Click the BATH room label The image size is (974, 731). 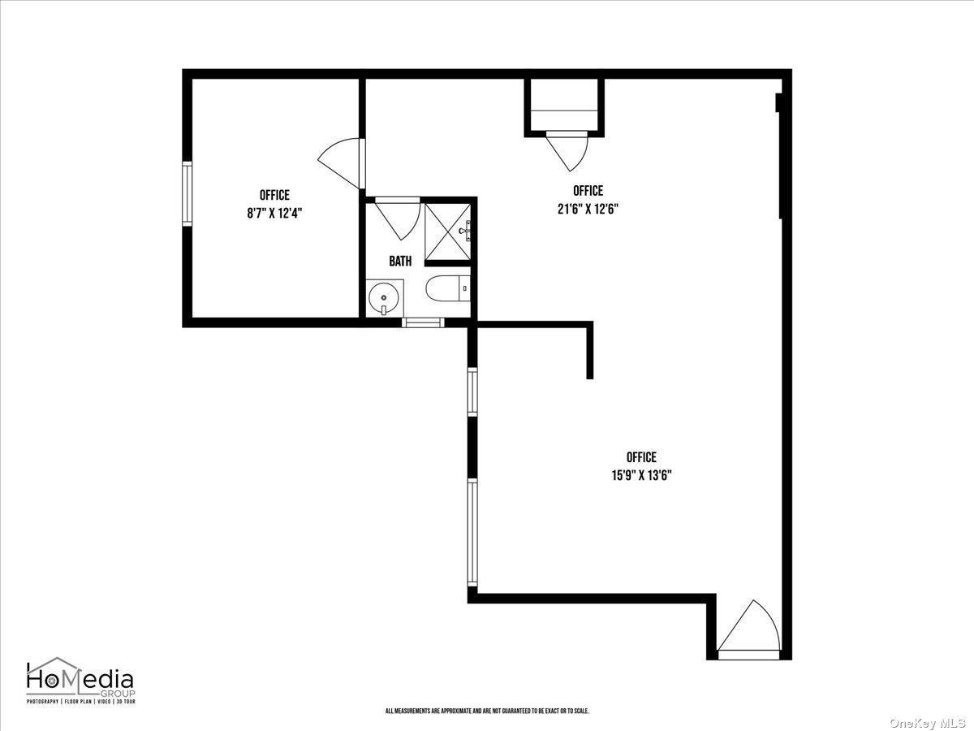point(400,262)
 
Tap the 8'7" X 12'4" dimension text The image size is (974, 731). point(274,213)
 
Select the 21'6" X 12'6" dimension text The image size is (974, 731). point(588,208)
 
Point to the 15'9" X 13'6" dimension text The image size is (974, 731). point(641,475)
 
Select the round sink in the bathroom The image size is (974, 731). point(383,298)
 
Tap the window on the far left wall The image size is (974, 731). point(187,193)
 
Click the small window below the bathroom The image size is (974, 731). point(424,322)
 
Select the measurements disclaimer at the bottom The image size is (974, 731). point(487,712)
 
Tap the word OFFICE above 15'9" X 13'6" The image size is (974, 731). point(641,457)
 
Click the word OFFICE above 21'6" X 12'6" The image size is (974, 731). point(588,191)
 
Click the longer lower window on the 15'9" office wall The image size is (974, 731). point(472,532)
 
